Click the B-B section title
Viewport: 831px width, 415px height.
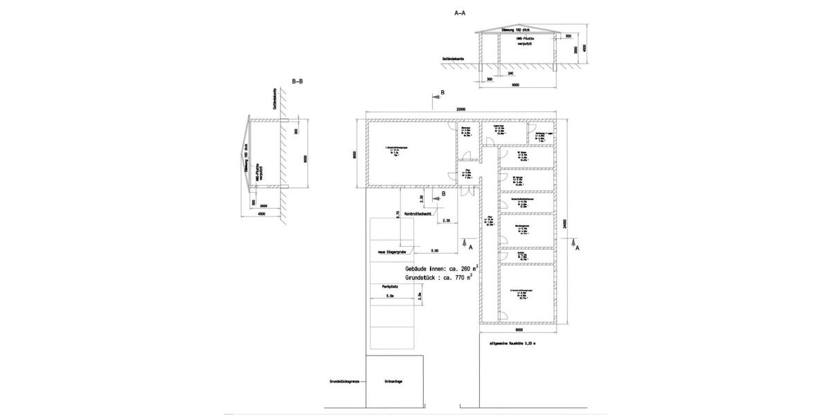[297, 81]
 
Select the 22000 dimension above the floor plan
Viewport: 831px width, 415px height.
[461, 109]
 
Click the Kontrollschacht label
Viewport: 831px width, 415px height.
[418, 214]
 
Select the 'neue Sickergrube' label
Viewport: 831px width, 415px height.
[391, 252]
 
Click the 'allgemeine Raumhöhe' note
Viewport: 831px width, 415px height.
[512, 342]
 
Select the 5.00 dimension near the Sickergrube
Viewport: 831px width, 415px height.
[434, 250]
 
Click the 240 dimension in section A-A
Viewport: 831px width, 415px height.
[510, 73]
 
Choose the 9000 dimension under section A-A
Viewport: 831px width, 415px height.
[516, 86]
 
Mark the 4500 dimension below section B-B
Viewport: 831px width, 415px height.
[260, 214]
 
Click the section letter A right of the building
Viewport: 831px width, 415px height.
[578, 247]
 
